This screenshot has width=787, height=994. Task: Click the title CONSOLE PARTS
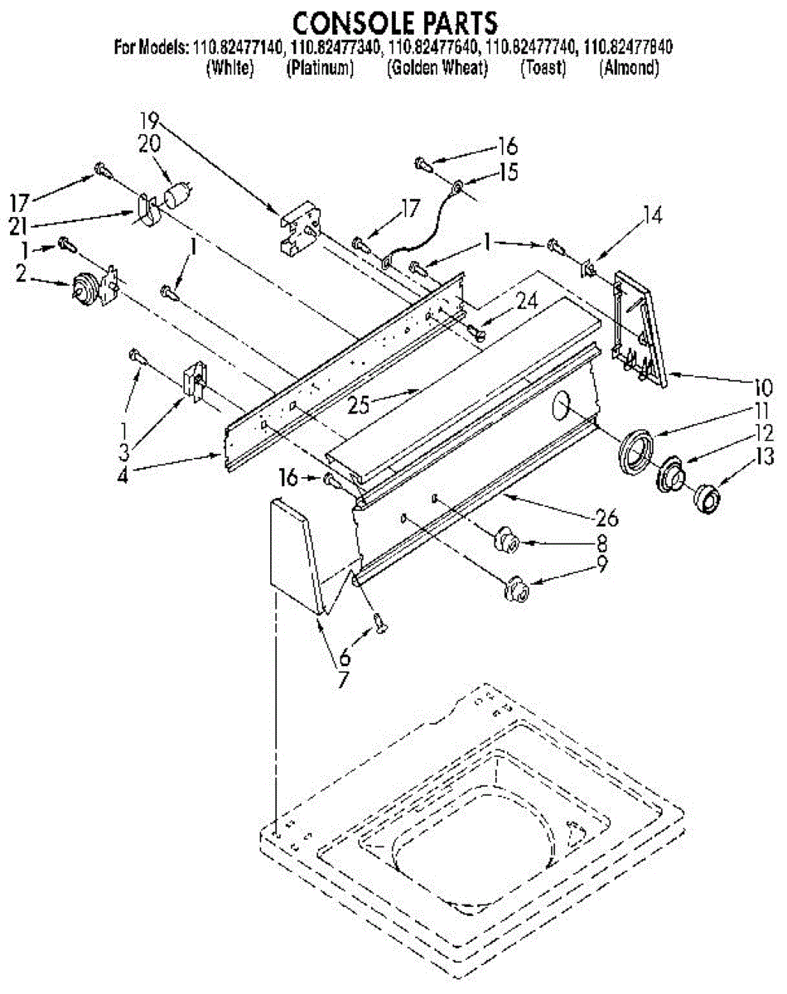[x=393, y=20]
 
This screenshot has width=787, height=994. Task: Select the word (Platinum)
[x=320, y=70]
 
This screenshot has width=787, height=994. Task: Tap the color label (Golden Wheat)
[x=437, y=70]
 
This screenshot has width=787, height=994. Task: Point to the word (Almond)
[x=629, y=70]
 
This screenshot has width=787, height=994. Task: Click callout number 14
[x=653, y=216]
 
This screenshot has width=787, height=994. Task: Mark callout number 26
[x=606, y=519]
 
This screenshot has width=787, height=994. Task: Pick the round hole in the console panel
[x=562, y=407]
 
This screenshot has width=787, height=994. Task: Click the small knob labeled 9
[x=518, y=589]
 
